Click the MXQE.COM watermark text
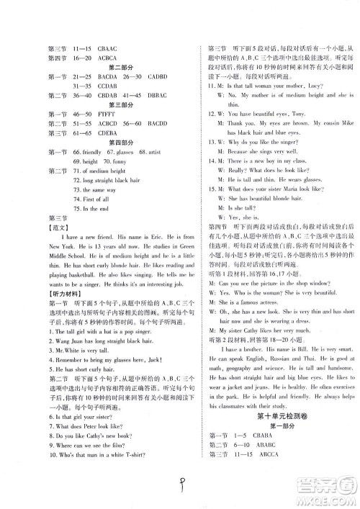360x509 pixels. (327, 497)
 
